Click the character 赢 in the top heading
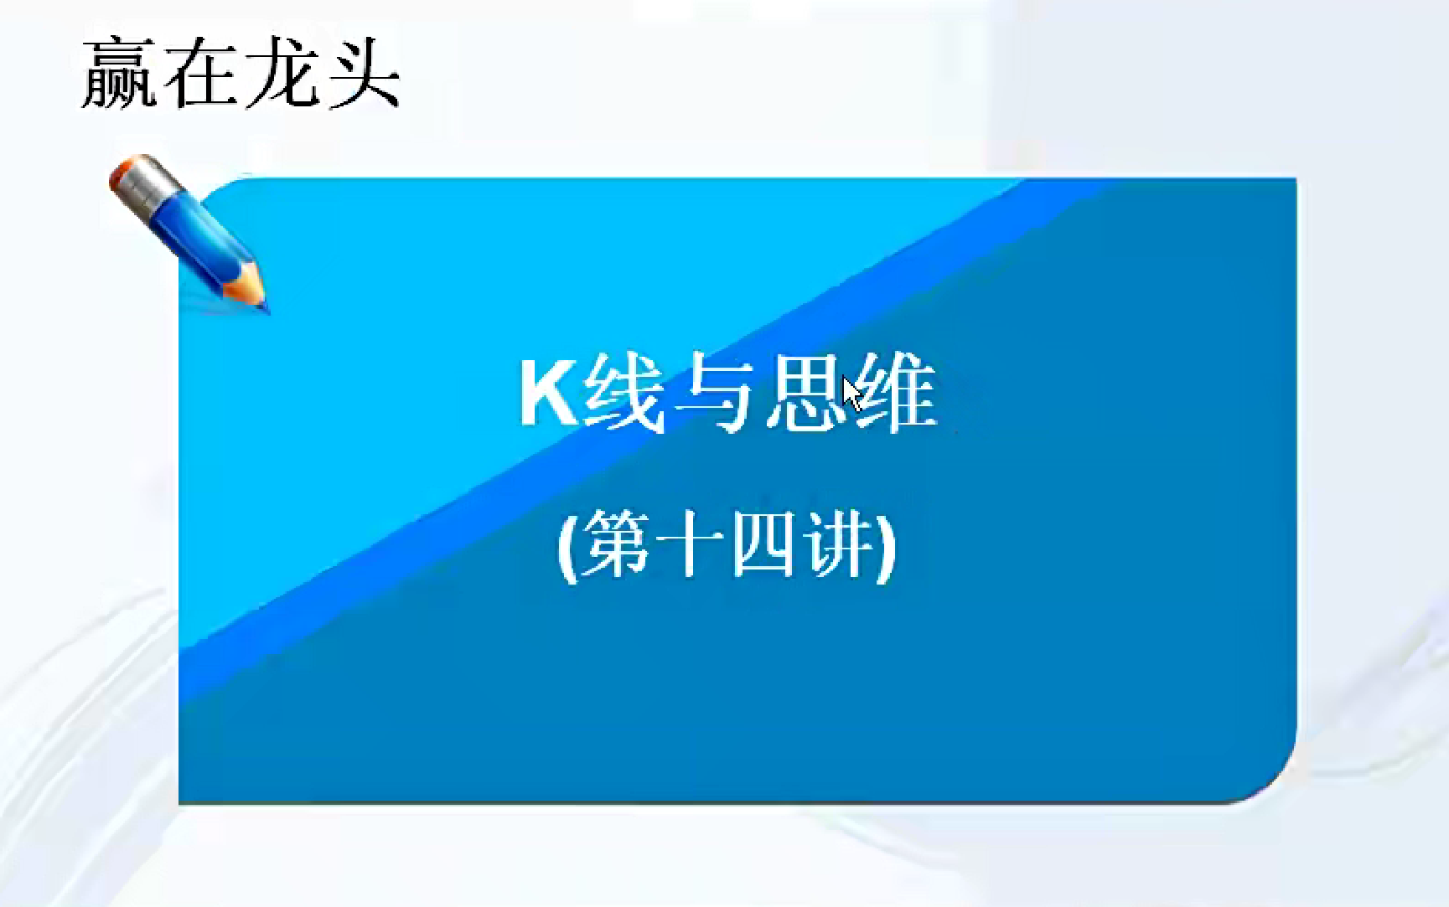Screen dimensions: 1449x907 pos(118,74)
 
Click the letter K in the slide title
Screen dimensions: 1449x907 pos(549,394)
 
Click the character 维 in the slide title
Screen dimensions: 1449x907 pos(894,393)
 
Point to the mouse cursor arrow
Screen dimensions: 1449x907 pos(853,394)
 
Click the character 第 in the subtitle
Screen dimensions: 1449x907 pos(615,544)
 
